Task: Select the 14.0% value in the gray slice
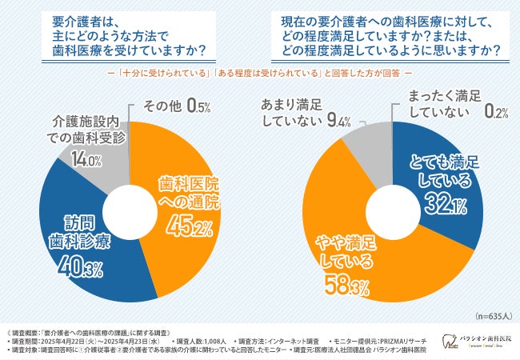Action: tap(86, 160)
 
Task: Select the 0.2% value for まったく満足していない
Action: tap(497, 113)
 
